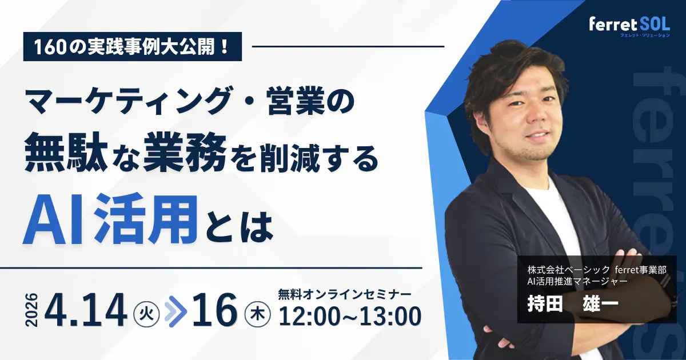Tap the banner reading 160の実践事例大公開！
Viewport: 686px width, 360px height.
click(133, 47)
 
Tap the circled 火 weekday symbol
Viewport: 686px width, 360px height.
click(143, 313)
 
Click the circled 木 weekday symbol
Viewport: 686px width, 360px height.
click(254, 313)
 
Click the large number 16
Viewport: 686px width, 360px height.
click(215, 310)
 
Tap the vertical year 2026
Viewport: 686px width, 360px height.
click(31, 310)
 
